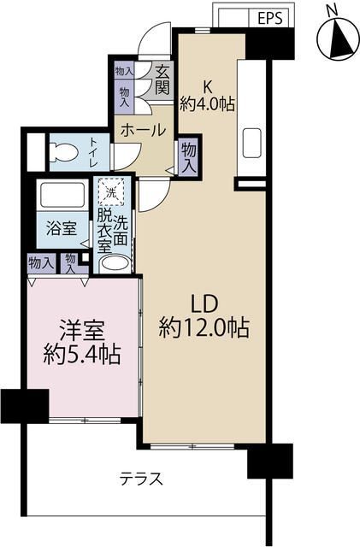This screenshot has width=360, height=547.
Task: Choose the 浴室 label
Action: (x=61, y=228)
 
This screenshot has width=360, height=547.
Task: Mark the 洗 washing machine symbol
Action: (x=113, y=191)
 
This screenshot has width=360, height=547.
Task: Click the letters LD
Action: (x=205, y=303)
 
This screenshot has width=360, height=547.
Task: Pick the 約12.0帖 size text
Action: (x=205, y=327)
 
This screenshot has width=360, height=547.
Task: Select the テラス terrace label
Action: (x=141, y=478)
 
